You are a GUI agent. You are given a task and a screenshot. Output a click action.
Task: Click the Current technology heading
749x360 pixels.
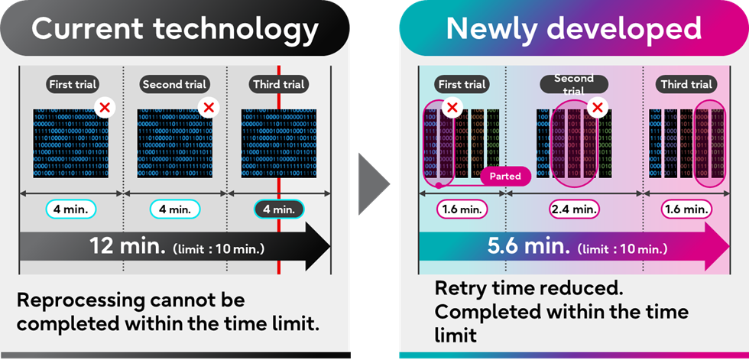point(174,29)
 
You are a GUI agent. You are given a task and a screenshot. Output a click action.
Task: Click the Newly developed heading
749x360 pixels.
point(573,29)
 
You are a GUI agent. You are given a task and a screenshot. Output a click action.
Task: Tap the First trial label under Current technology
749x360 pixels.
point(73,84)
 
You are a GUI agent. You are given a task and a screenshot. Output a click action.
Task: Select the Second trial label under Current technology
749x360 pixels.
point(175,84)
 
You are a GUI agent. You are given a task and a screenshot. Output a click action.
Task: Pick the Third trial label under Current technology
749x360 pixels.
point(278,84)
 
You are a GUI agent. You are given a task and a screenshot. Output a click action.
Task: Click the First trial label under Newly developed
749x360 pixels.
point(462,84)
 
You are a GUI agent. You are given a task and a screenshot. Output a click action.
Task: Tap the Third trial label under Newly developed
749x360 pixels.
point(686,84)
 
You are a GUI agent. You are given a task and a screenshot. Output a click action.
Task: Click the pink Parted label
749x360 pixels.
point(505,177)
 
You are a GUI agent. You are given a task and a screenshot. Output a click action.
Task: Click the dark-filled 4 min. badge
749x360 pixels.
point(278,209)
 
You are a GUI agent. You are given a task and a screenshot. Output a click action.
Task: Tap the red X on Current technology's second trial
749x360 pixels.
point(206,107)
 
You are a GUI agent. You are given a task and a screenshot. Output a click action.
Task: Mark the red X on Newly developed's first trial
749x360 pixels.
point(452,107)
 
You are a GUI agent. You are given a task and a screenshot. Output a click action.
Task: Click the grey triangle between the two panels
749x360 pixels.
point(375,188)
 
